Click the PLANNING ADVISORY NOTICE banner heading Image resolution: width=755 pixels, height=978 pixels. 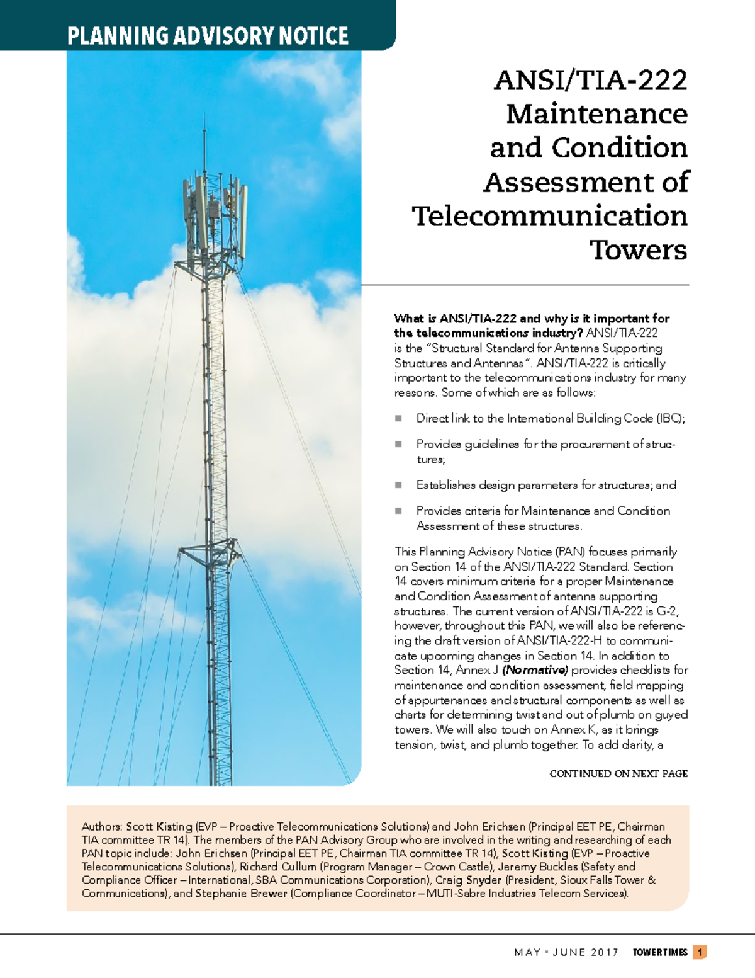tap(208, 35)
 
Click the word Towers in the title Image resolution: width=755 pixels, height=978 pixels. tap(638, 250)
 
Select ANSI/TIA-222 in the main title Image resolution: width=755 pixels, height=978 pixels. tap(590, 80)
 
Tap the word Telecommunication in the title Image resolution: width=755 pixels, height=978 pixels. tap(549, 216)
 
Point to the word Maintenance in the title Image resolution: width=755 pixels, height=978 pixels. tap(596, 114)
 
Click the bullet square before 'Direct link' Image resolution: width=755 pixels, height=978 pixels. tap(398, 418)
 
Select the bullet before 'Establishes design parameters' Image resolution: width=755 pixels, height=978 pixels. tap(398, 486)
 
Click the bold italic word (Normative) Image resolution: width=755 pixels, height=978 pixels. tap(535, 670)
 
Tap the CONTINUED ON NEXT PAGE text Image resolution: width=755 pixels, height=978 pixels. tap(618, 773)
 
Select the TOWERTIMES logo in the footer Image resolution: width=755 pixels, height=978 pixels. tap(659, 952)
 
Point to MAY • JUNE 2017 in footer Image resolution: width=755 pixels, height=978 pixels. tap(566, 952)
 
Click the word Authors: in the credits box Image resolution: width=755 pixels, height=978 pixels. tap(102, 826)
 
